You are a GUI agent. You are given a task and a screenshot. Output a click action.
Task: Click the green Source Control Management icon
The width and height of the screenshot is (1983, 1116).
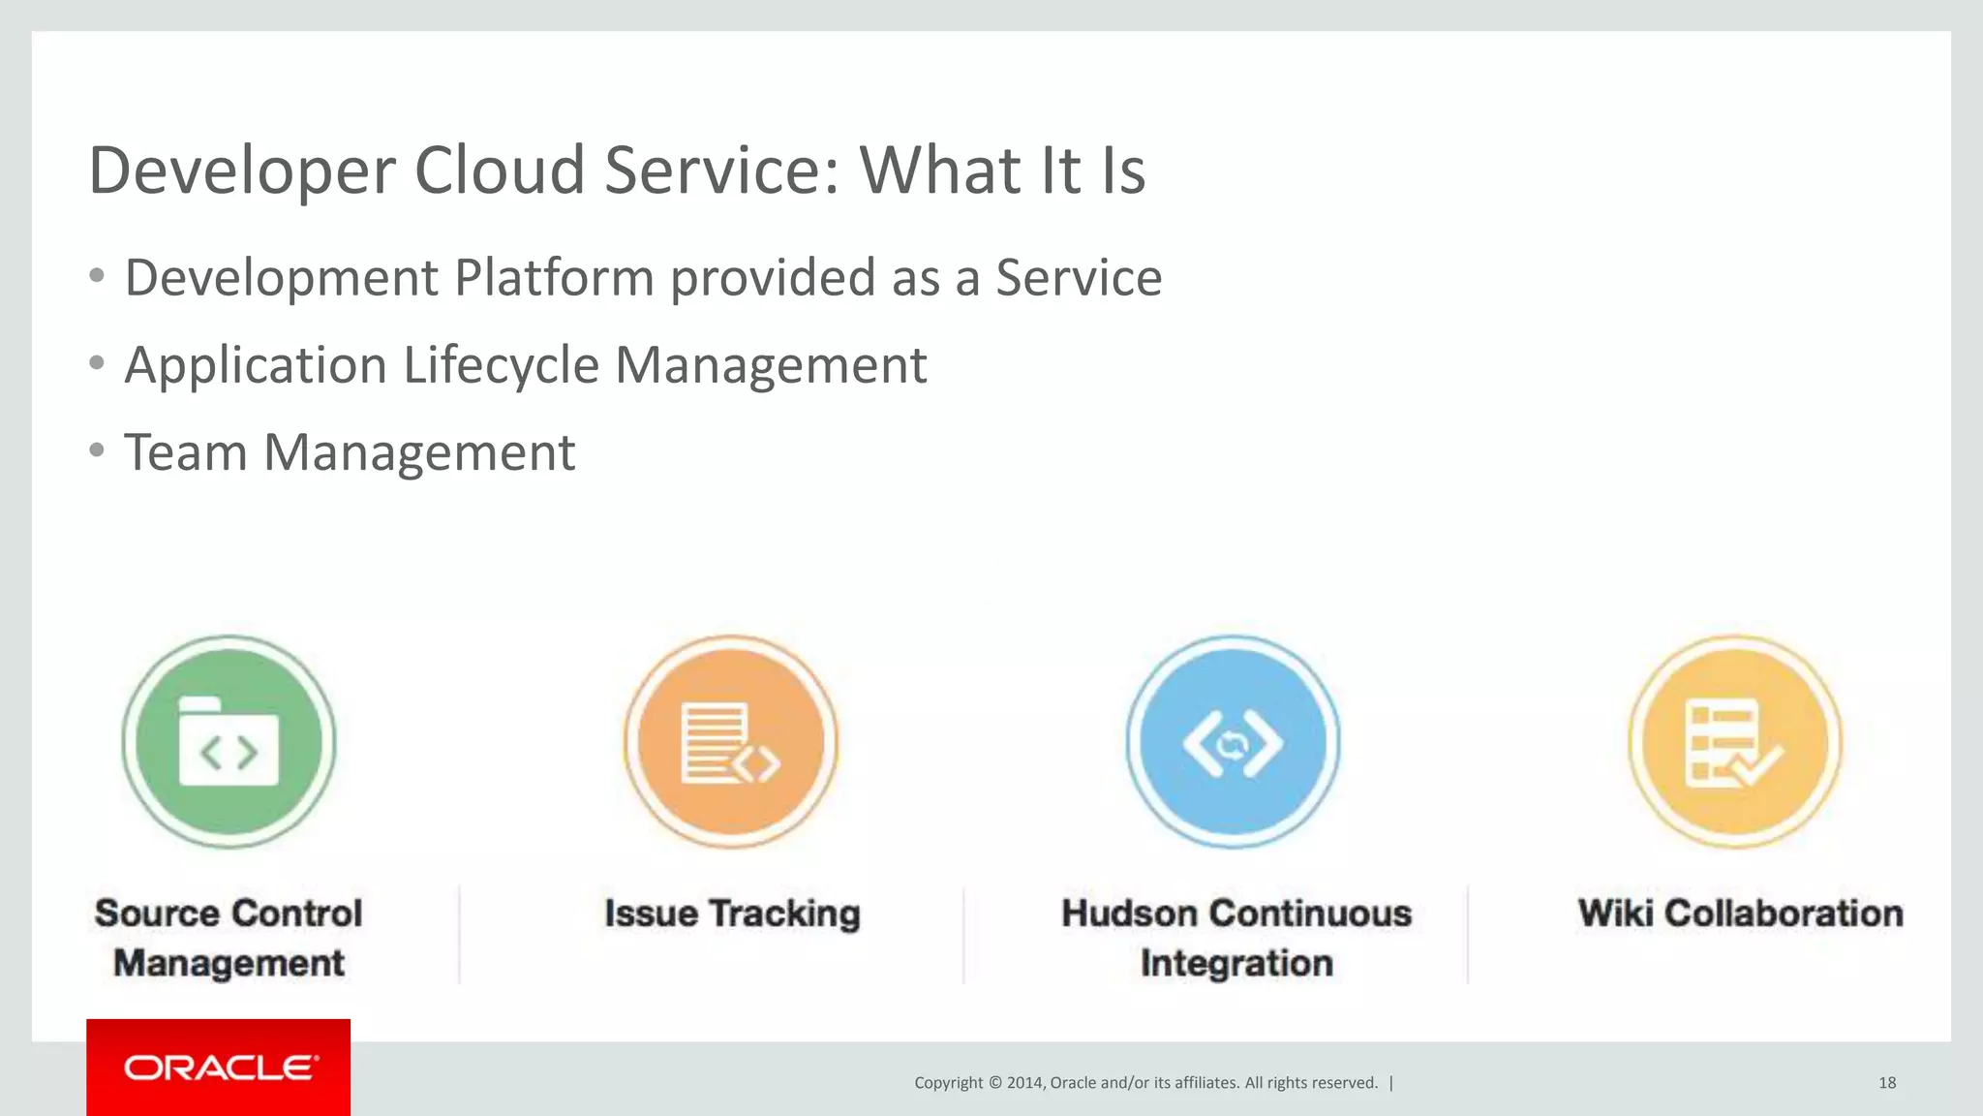coord(229,742)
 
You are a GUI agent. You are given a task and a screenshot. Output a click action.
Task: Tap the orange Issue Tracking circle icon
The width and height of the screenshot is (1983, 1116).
coord(731,742)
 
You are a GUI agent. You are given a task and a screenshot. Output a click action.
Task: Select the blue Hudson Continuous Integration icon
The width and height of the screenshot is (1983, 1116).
coord(1233,742)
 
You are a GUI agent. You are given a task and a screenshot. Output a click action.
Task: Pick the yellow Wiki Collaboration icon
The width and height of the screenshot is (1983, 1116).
coord(1735,742)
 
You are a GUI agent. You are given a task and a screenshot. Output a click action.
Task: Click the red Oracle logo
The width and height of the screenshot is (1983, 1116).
coord(219,1068)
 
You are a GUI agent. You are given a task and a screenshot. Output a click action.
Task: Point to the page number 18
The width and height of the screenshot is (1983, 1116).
coord(1887,1083)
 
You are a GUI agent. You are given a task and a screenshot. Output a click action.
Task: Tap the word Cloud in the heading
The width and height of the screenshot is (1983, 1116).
coord(500,170)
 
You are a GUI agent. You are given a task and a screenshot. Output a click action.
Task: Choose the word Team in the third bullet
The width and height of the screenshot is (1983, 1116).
coord(186,452)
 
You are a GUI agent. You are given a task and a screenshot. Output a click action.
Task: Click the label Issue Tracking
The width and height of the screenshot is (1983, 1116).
coord(732,914)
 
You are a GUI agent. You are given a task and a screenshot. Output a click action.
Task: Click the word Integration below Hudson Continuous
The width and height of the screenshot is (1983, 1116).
coord(1236,964)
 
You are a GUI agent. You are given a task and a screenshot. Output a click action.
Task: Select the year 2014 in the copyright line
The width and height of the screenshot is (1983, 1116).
coord(1024,1083)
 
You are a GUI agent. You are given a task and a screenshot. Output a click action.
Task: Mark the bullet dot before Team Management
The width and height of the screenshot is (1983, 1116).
coord(96,450)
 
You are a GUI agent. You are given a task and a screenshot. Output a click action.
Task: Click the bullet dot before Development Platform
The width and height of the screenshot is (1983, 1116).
coord(96,276)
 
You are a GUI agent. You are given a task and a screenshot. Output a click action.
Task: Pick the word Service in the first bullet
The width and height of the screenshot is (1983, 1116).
coord(1079,278)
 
